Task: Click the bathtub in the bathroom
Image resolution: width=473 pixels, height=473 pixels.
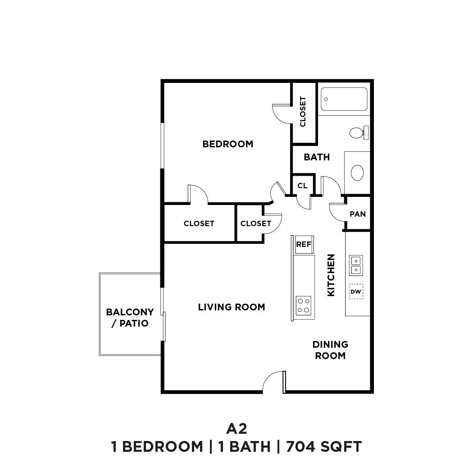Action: [344, 99]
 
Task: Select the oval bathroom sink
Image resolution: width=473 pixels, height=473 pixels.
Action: [357, 173]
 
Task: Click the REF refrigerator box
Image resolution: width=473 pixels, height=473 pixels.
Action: [304, 245]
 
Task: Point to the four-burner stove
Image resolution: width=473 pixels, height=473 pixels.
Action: [304, 305]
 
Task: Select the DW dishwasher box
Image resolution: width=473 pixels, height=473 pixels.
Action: [356, 292]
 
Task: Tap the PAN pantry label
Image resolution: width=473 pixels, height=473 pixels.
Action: [358, 214]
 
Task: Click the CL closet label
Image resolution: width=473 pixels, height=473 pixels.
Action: [302, 186]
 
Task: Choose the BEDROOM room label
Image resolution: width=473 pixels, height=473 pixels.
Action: [227, 144]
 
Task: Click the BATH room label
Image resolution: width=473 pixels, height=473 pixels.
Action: [317, 157]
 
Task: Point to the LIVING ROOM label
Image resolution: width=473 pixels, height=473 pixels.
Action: [232, 307]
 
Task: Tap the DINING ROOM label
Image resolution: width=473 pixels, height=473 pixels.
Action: [330, 350]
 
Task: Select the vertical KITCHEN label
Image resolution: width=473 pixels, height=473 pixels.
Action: [331, 275]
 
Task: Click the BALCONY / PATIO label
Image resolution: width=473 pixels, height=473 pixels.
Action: [130, 318]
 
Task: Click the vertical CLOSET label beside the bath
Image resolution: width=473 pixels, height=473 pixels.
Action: [303, 112]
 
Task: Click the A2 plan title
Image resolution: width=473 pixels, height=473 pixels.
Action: [236, 428]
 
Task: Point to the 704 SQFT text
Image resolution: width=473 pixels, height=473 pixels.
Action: [323, 447]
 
